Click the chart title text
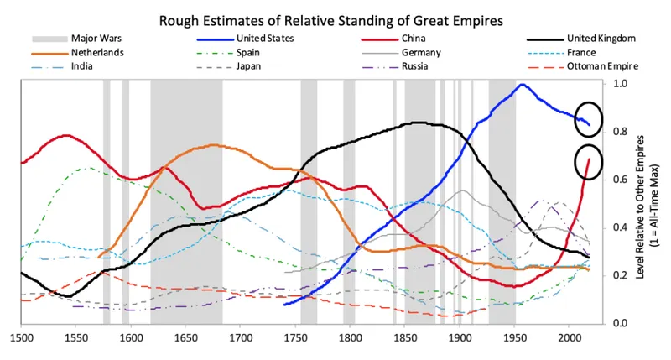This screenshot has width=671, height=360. [335, 15]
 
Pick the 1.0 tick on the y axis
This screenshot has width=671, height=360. [621, 84]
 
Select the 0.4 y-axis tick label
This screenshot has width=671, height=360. [621, 228]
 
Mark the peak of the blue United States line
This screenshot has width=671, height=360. [523, 84]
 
